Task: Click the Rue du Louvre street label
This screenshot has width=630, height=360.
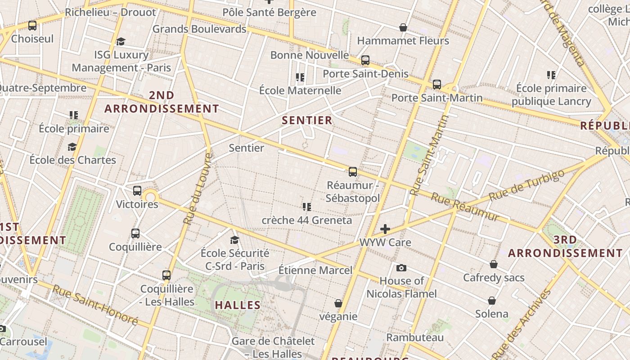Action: pos(198,189)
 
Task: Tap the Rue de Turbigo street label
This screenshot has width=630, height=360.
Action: pos(526,185)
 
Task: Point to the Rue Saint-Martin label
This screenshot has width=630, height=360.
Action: pos(430,155)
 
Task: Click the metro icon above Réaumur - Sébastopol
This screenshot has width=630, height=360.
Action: pos(353,171)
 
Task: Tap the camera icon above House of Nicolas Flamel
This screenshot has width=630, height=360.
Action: pos(401,268)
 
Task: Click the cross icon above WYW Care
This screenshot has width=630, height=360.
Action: pos(385,229)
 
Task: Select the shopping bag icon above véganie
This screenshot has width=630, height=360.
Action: pos(338,303)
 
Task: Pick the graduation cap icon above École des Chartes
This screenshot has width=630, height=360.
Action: pos(72,147)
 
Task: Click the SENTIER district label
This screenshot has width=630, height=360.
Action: pos(307,120)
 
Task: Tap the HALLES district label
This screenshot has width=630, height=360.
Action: pos(238,305)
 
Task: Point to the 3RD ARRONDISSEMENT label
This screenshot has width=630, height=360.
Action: pos(565,246)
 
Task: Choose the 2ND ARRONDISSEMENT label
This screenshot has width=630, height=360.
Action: pos(162,102)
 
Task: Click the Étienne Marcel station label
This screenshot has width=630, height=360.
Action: pos(315,270)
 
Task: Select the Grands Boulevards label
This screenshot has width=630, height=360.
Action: pos(199,29)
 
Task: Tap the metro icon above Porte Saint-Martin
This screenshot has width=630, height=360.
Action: pos(436,84)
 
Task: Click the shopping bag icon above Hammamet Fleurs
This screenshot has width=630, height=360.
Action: pos(403,27)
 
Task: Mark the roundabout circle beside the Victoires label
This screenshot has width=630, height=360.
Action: pos(150,196)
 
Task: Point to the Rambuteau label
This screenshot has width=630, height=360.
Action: pos(415,337)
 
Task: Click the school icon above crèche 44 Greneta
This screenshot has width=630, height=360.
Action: pos(307,207)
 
